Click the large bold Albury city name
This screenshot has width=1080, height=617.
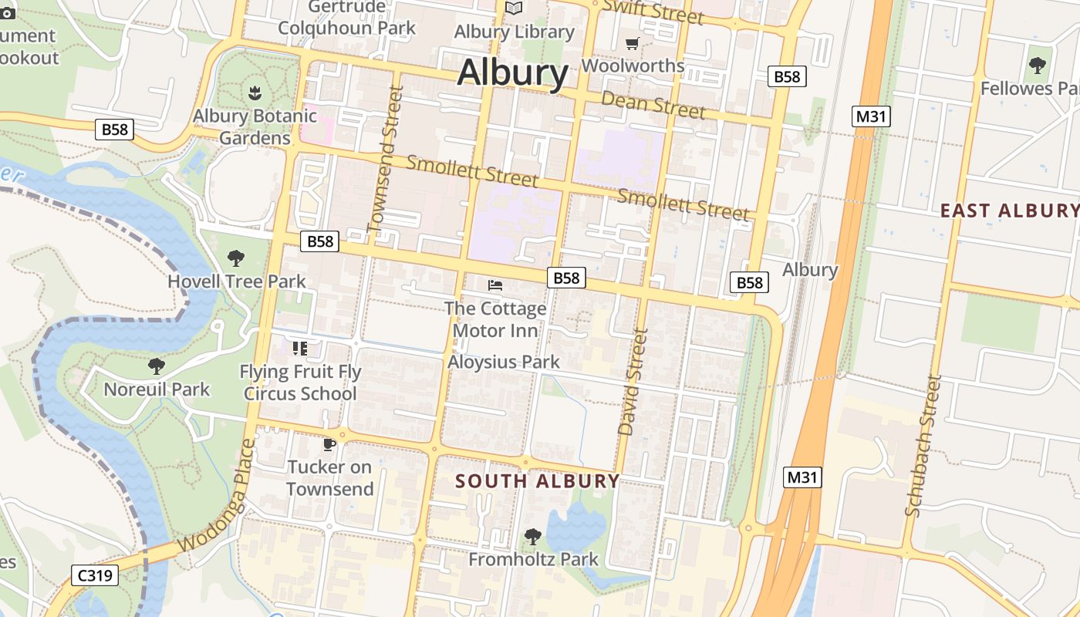(x=513, y=73)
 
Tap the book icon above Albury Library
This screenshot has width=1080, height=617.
(x=514, y=8)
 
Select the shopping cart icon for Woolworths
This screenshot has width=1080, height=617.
(x=633, y=43)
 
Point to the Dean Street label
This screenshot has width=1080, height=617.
(x=653, y=105)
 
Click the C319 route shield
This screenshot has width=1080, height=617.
(x=95, y=575)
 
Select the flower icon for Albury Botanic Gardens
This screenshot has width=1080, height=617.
(x=255, y=93)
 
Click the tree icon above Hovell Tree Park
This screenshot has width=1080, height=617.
(x=236, y=258)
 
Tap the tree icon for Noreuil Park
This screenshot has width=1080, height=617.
(x=157, y=366)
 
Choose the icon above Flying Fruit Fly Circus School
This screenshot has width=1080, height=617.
(x=299, y=349)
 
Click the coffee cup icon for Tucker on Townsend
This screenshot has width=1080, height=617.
(x=329, y=444)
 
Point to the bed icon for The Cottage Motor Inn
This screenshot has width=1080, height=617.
(x=495, y=285)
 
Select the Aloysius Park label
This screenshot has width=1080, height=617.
(x=504, y=362)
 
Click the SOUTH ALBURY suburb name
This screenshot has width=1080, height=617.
(x=537, y=481)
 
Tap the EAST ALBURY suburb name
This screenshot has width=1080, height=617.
(x=1009, y=210)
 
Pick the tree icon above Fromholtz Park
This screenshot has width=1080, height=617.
(x=532, y=536)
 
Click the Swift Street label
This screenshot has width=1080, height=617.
(x=653, y=11)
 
